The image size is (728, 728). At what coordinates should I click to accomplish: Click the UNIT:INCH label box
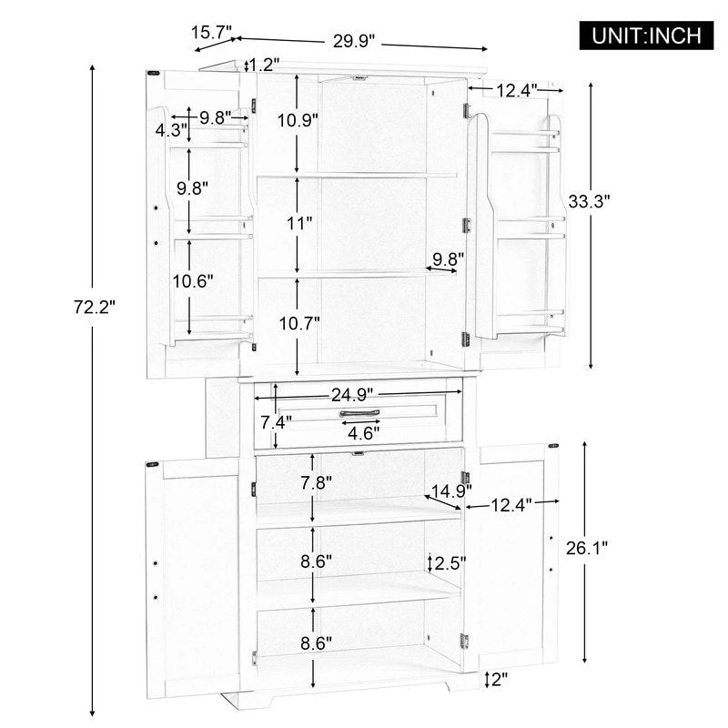coord(647,35)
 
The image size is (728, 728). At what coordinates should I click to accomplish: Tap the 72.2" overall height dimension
coord(95,308)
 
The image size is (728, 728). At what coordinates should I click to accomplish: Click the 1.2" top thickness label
coord(264,64)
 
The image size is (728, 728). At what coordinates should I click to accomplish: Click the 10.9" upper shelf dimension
coord(297,119)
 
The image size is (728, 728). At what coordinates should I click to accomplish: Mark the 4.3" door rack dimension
coord(171,129)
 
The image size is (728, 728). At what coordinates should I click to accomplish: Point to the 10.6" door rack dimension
coord(192,281)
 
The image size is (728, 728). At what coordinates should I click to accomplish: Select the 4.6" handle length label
coord(367,432)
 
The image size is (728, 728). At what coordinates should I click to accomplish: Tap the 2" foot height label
coord(499,680)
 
